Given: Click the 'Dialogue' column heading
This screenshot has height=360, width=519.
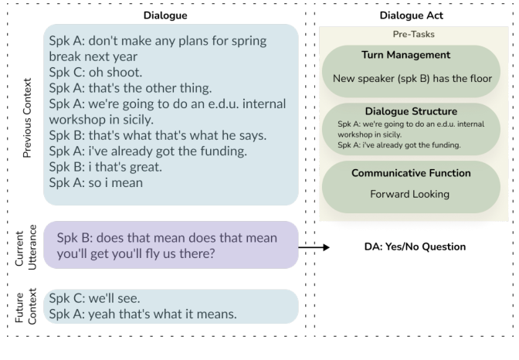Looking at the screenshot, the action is click(x=165, y=15).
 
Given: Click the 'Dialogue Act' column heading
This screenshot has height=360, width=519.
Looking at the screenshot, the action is click(x=411, y=15).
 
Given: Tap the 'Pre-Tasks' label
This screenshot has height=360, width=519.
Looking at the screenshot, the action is click(x=413, y=34).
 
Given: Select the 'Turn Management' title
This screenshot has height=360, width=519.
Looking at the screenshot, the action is click(x=405, y=55).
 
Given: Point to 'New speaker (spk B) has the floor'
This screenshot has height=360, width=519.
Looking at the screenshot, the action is click(x=412, y=79).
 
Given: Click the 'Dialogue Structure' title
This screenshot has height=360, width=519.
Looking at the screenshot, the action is click(x=411, y=111).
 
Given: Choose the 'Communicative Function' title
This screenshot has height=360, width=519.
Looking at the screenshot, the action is click(x=411, y=173).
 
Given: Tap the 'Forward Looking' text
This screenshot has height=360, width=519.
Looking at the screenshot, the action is click(x=409, y=194).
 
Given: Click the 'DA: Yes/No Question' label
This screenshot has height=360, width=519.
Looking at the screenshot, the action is click(x=415, y=246).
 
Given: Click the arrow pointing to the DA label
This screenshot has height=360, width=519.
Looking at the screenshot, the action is click(x=314, y=247).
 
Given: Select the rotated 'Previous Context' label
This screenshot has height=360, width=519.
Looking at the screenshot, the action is click(x=27, y=118).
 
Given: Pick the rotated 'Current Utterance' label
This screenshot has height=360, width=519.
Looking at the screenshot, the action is click(x=25, y=247).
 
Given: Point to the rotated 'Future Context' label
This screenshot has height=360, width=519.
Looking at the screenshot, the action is click(x=25, y=307).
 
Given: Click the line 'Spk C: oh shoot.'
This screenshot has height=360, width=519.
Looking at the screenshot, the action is click(x=96, y=72).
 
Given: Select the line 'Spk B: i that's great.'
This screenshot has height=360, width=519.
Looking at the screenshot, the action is click(x=106, y=167).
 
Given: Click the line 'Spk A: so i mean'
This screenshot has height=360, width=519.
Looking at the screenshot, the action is click(x=96, y=183).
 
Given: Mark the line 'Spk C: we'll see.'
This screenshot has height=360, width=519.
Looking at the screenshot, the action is click(x=95, y=298).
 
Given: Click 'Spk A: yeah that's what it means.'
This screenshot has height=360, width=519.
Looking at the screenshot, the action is click(x=143, y=314).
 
